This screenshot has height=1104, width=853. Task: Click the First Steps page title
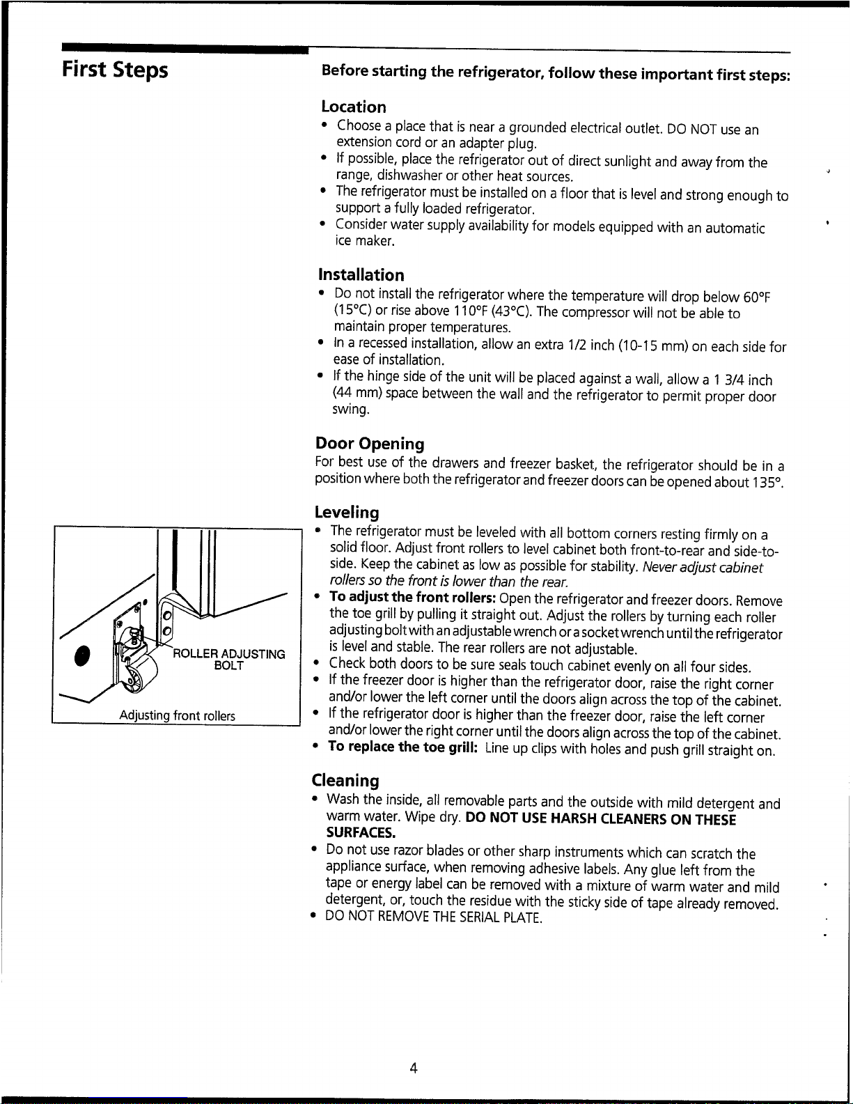pyautogui.click(x=115, y=70)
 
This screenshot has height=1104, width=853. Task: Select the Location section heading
pyautogui.click(x=354, y=107)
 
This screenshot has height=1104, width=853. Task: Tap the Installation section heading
pyautogui.click(x=361, y=275)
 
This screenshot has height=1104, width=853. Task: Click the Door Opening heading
pyautogui.click(x=370, y=444)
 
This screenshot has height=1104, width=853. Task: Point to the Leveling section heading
pyautogui.click(x=347, y=512)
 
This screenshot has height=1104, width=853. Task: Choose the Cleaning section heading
pyautogui.click(x=345, y=780)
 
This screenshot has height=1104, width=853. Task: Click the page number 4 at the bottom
pyautogui.click(x=414, y=1068)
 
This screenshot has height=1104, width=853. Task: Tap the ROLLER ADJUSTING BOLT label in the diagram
pyautogui.click(x=229, y=660)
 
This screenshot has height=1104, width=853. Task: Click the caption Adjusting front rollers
pyautogui.click(x=177, y=716)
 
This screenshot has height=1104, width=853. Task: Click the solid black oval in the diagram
pyautogui.click(x=81, y=656)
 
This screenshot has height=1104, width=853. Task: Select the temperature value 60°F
pyautogui.click(x=756, y=297)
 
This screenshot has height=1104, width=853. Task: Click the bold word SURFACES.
pyautogui.click(x=361, y=832)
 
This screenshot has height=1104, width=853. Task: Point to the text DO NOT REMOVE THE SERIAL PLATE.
pyautogui.click(x=434, y=917)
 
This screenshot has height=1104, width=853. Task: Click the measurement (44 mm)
pyautogui.click(x=357, y=394)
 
